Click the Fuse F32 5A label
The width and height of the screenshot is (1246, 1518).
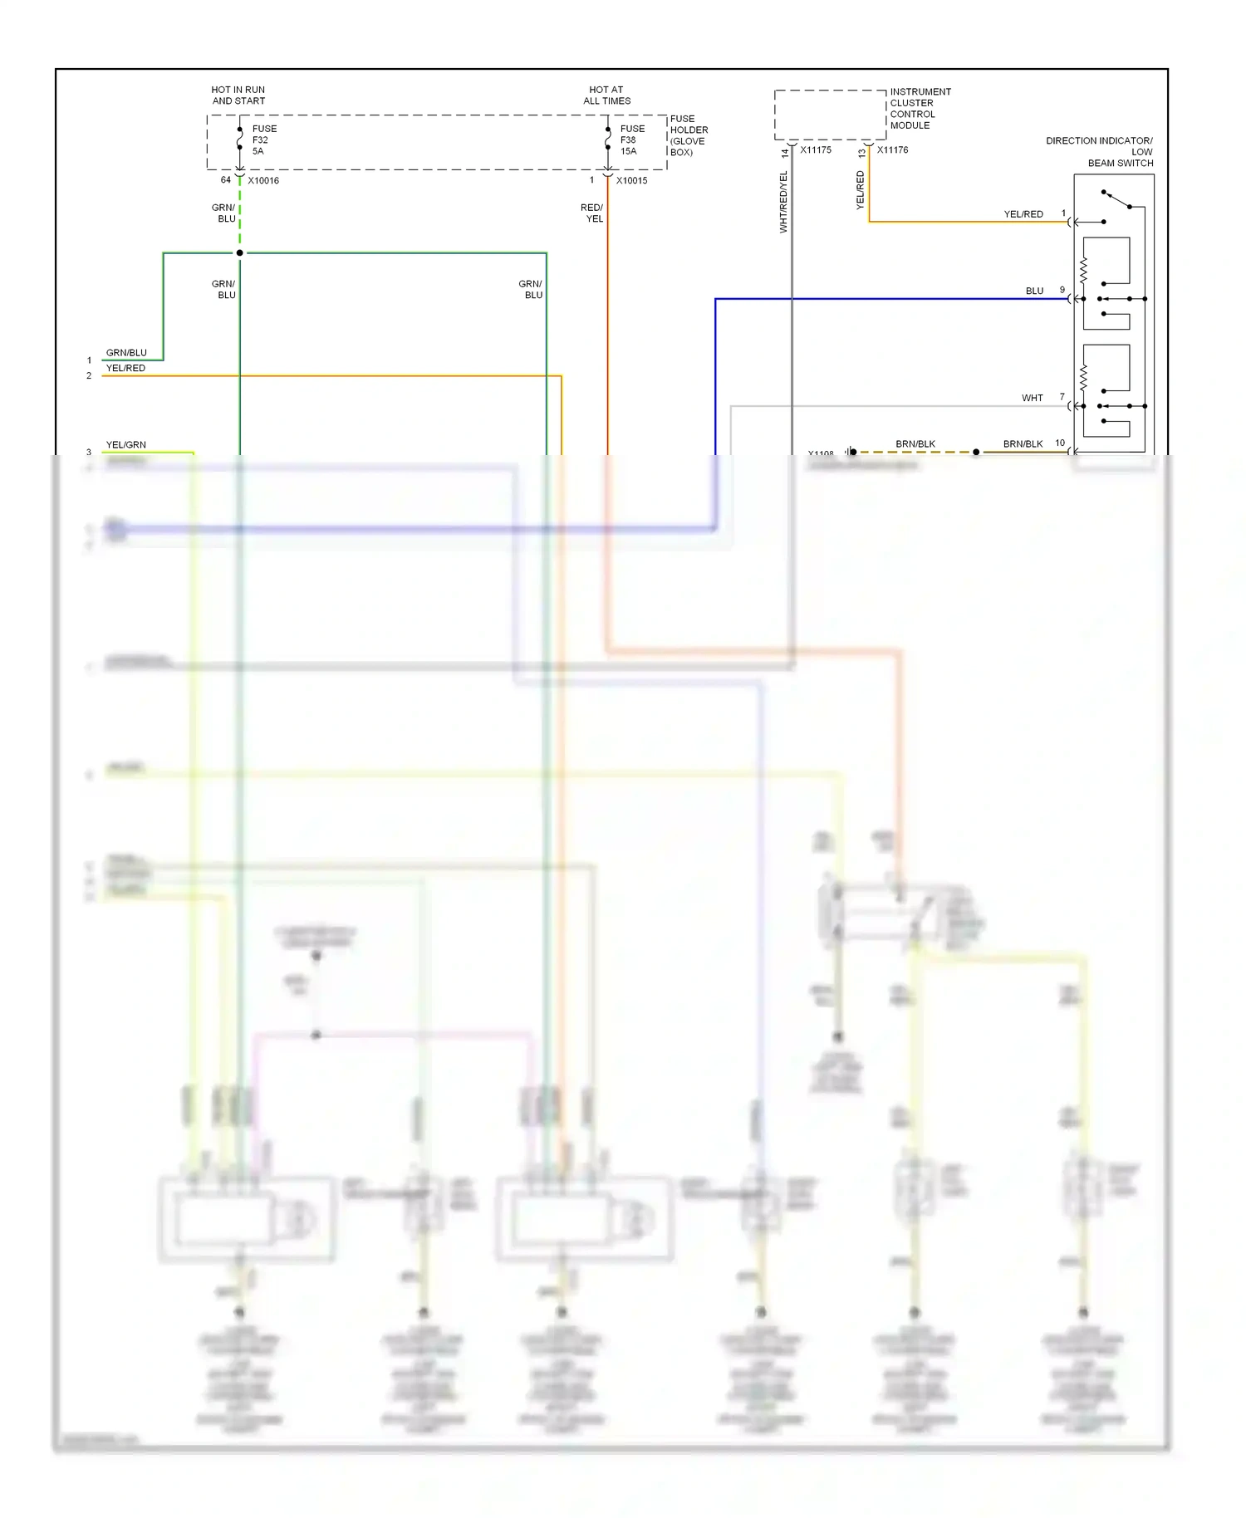click(264, 140)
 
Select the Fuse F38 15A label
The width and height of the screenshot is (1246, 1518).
click(631, 140)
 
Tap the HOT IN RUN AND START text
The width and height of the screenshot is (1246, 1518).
click(238, 95)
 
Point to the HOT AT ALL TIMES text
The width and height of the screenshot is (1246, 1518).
click(606, 95)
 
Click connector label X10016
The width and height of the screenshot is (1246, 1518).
click(263, 180)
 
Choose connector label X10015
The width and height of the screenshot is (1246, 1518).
click(631, 180)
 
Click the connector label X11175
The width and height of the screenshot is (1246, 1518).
click(815, 150)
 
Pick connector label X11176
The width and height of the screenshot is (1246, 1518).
click(892, 150)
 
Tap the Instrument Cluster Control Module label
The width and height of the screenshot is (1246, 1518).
click(919, 109)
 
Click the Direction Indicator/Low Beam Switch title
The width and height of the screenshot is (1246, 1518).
click(1100, 152)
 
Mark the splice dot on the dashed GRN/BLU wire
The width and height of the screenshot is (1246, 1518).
click(240, 252)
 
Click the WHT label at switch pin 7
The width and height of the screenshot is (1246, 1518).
click(1032, 398)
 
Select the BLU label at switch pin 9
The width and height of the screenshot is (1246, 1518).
click(1034, 291)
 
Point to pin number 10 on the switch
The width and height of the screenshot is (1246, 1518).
click(1060, 443)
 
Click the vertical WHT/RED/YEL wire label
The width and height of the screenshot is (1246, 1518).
click(782, 202)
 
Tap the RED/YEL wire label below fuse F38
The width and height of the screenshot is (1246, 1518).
click(592, 213)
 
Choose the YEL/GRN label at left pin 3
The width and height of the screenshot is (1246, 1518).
click(125, 444)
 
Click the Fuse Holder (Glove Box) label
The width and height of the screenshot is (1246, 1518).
click(689, 135)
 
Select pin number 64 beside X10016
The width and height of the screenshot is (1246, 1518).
click(225, 179)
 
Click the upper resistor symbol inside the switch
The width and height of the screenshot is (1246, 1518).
click(1083, 271)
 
